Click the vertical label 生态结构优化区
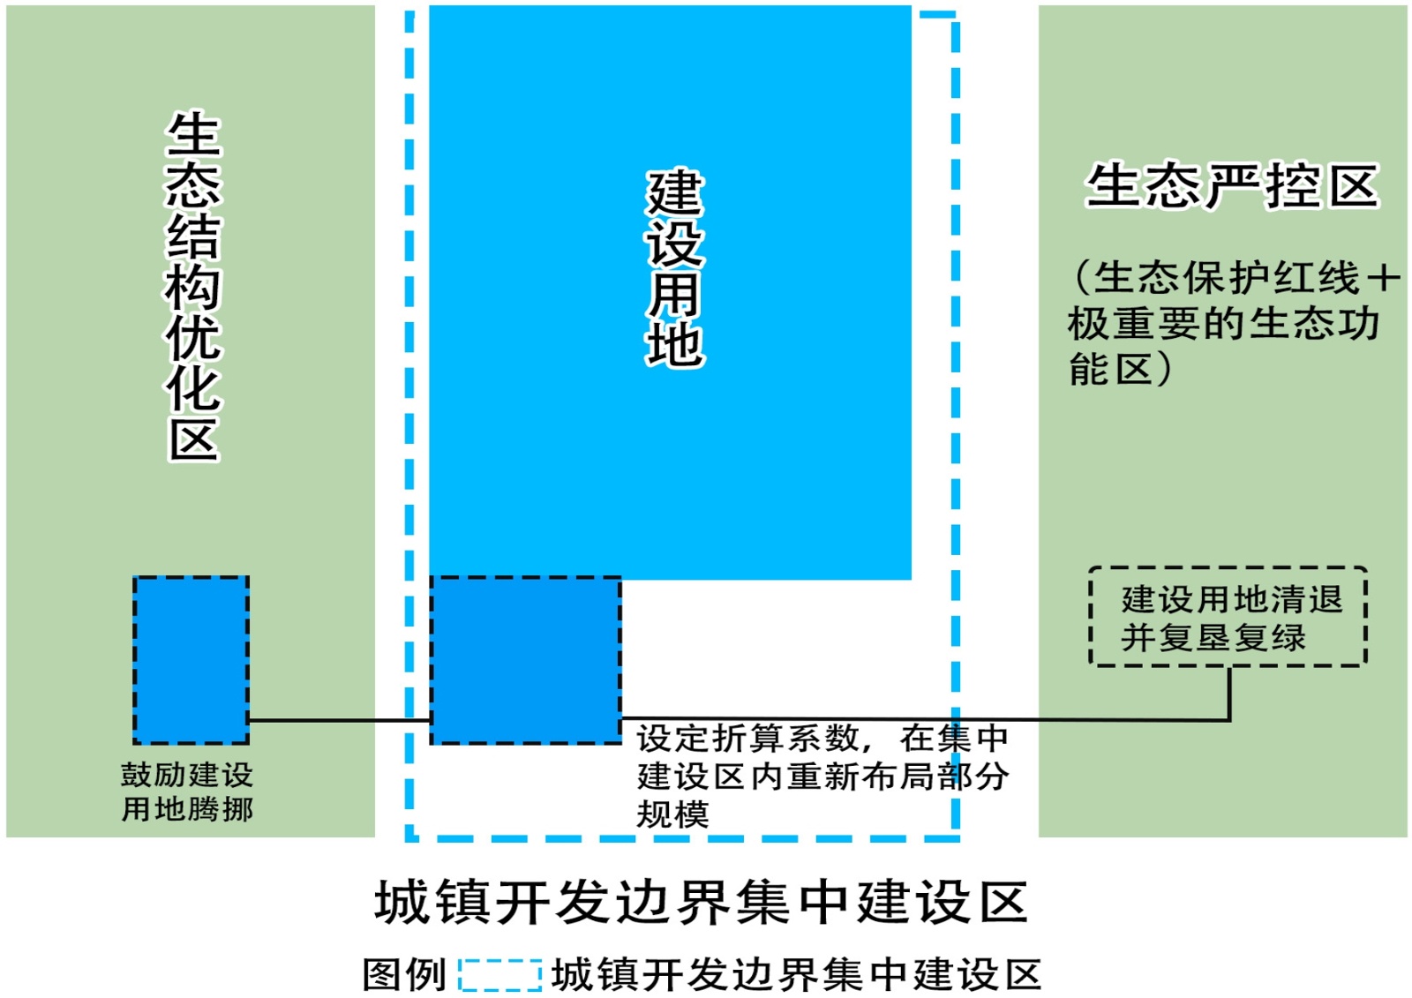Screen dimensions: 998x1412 click(193, 287)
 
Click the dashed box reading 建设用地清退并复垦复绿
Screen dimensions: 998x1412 click(1228, 617)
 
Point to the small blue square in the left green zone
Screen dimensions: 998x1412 click(191, 659)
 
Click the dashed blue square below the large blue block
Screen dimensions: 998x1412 click(525, 660)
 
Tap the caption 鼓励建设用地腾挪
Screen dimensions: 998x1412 click(187, 792)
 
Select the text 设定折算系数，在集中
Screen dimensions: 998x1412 click(822, 737)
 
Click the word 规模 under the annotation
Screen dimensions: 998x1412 click(672, 814)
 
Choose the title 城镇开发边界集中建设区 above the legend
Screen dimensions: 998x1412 click(702, 902)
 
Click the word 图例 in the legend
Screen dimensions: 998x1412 click(404, 975)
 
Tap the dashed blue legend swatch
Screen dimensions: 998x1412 click(499, 975)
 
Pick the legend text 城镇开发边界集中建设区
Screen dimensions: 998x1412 click(796, 975)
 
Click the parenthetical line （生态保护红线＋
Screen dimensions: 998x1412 click(1235, 278)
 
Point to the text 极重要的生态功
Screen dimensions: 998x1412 click(1223, 324)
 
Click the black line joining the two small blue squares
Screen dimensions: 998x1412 click(340, 720)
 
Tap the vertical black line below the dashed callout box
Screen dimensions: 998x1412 click(1228, 693)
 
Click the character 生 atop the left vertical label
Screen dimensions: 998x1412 click(193, 134)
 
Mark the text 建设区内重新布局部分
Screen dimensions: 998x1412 click(822, 776)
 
